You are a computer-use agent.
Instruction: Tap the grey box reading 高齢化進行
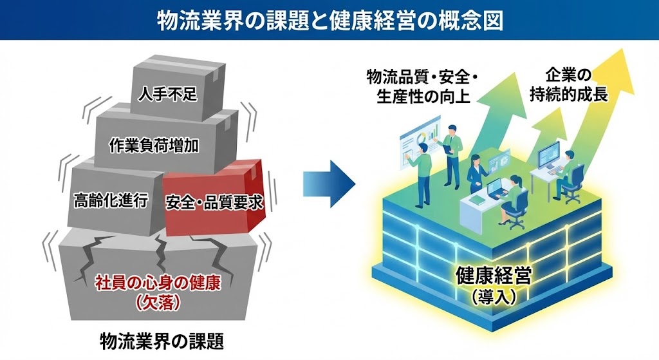108,202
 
